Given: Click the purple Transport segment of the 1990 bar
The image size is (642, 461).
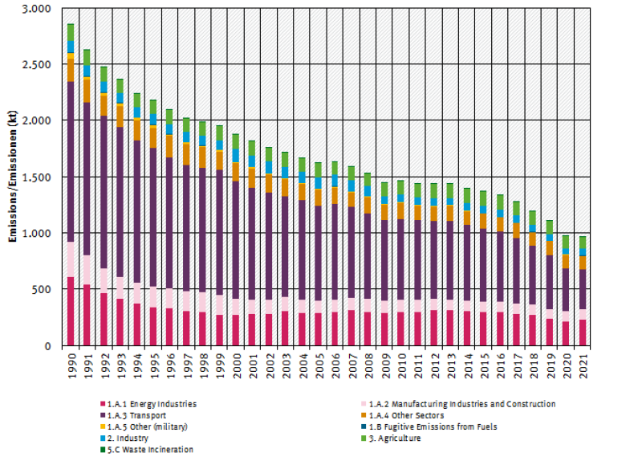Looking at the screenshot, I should coord(71,161).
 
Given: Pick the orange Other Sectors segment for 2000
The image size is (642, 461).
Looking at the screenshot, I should coord(235,171).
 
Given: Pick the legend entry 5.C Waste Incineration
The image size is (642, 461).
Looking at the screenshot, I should coord(150,449).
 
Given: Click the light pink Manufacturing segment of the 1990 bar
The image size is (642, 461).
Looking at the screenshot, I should coord(71,259).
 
